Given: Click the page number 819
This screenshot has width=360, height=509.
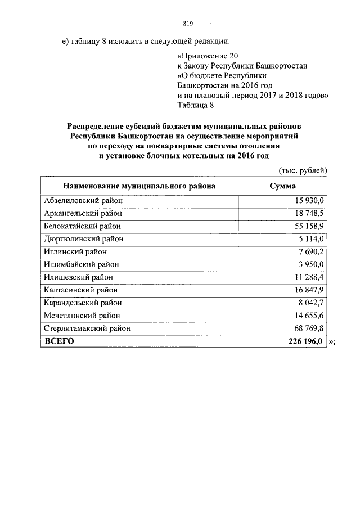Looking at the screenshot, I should (188, 24).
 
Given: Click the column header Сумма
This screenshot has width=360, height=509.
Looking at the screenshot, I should (283, 186).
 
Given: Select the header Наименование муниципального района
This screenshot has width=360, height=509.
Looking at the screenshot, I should (139, 186).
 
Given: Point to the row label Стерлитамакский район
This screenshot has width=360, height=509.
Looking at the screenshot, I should (87, 328).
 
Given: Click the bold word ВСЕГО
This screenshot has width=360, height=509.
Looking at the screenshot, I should (59, 341).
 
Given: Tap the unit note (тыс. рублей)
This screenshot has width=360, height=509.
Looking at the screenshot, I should (303, 170).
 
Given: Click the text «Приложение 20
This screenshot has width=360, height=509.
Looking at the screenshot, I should (204, 56).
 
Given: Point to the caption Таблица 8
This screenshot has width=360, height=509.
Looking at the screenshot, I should (196, 104).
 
